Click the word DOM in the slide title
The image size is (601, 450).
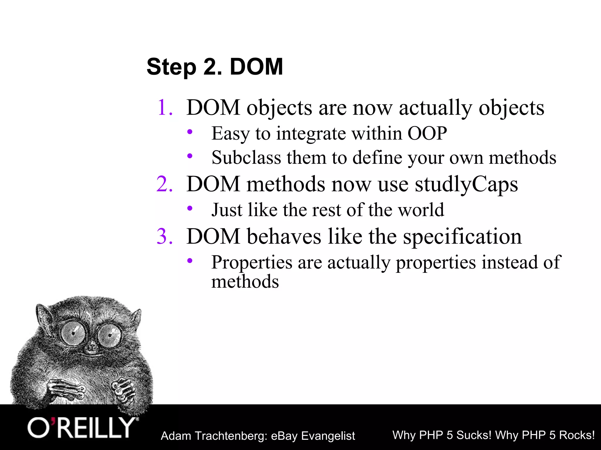(256, 67)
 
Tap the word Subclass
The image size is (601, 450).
(246, 158)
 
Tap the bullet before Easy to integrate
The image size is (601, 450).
(190, 132)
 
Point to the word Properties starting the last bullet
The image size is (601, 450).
(251, 262)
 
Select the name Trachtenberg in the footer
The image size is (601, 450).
(230, 436)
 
